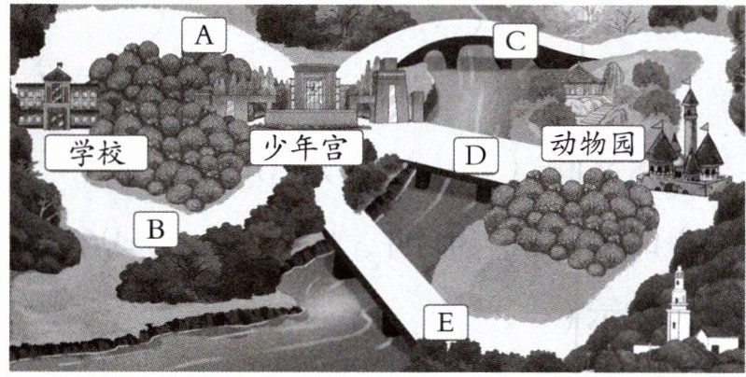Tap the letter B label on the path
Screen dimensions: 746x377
pyautogui.click(x=157, y=228)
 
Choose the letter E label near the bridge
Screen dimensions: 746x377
pyautogui.click(x=445, y=323)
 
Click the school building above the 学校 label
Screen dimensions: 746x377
pyautogui.click(x=56, y=98)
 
